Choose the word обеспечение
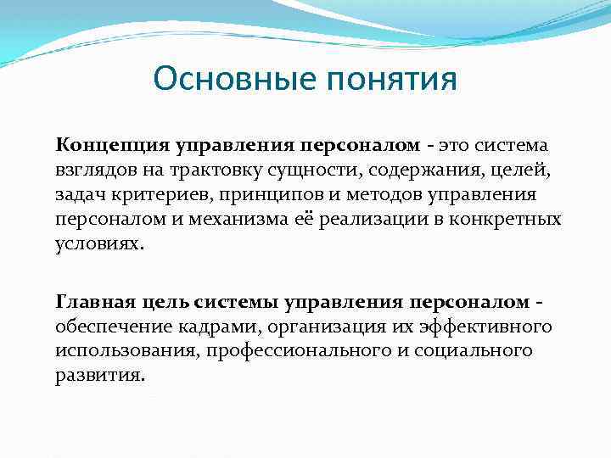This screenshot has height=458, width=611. (x=110, y=327)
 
